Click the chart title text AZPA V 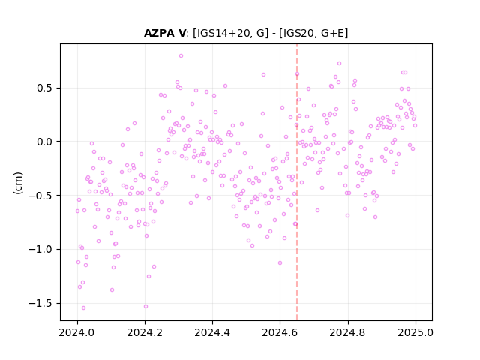tap(165, 33)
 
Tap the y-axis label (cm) tap(18, 183)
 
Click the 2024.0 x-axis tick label tap(77, 332)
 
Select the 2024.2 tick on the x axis tap(145, 332)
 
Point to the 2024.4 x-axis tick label tap(212, 332)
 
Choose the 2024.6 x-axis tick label tap(280, 332)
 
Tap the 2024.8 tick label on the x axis tap(348, 332)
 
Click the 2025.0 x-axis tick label tap(415, 332)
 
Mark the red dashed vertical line tap(297, 182)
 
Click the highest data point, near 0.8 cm tap(181, 55)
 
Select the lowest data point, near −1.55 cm tap(83, 307)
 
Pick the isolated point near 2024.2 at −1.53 tap(145, 306)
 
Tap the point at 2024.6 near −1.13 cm tap(280, 262)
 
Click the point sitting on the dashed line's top tap(297, 73)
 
